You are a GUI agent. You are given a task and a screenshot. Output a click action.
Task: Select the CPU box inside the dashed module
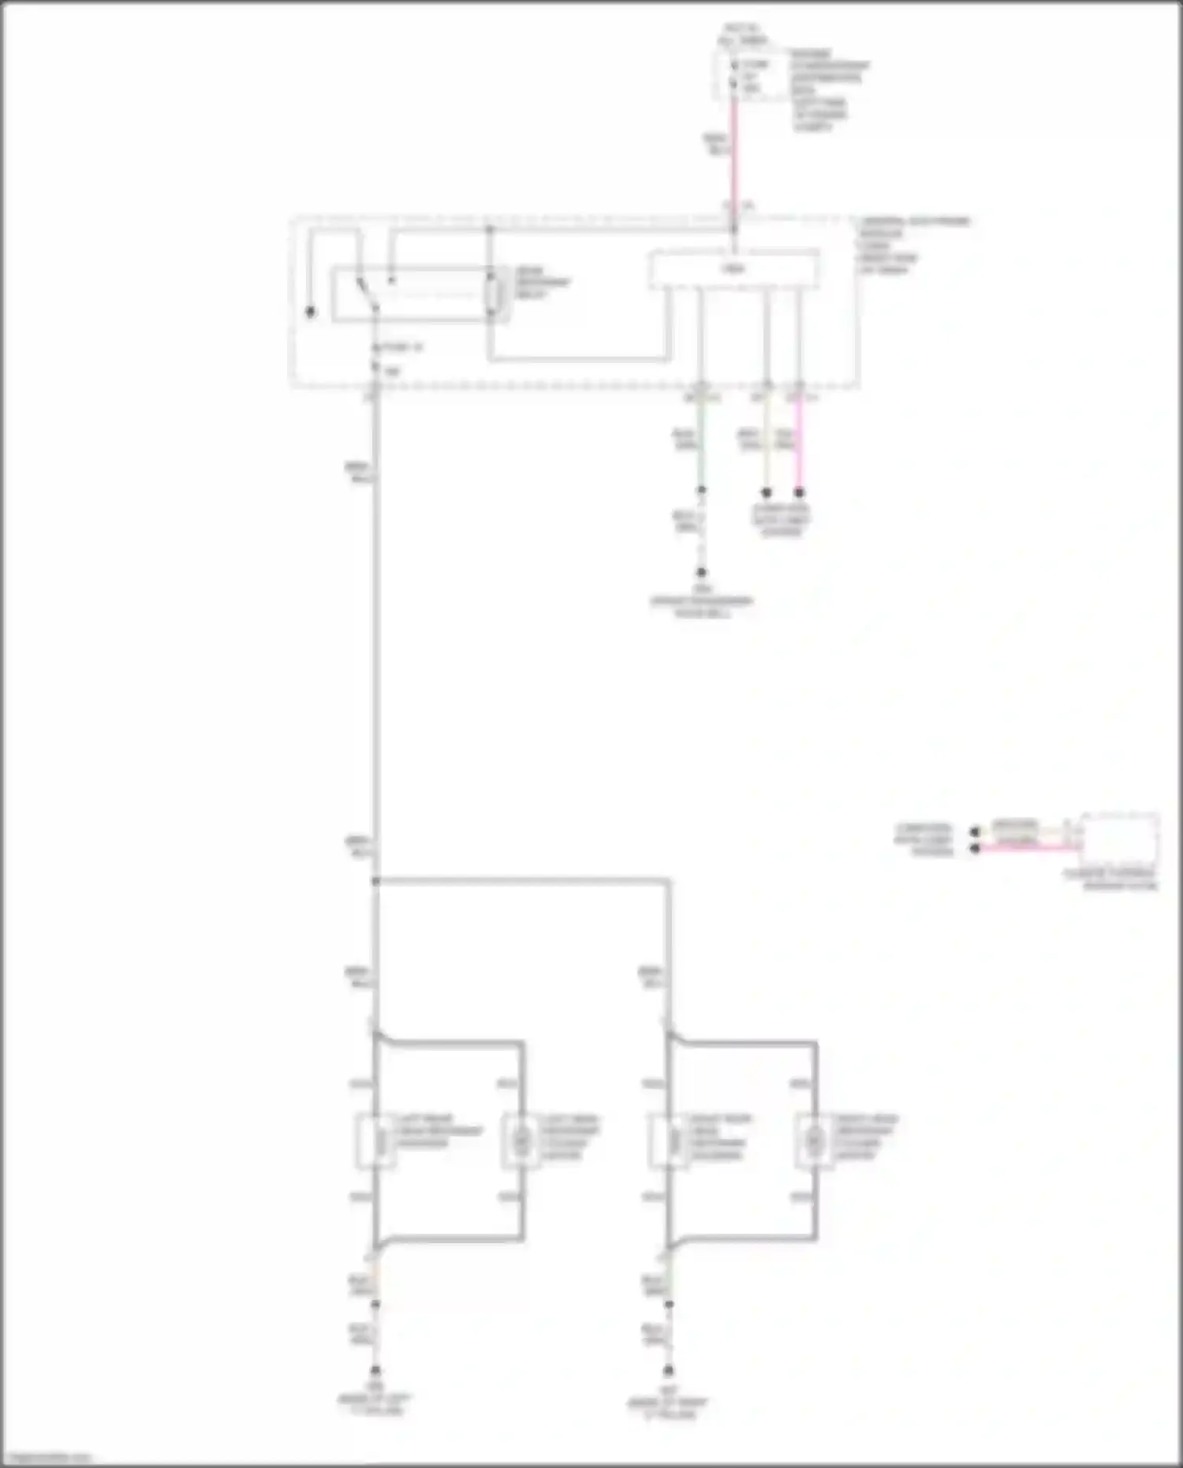733,270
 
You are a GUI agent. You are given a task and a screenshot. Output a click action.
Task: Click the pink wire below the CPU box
799,442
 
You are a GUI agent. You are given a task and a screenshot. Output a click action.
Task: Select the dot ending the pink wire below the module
799,493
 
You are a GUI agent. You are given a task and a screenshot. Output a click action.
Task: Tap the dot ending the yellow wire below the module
766,493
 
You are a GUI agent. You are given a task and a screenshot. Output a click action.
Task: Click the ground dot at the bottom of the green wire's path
700,573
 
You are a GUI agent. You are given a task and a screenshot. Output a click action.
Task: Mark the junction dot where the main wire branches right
375,880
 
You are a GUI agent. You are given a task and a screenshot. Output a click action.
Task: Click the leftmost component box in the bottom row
375,1141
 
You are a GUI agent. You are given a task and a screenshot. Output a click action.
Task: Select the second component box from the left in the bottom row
521,1141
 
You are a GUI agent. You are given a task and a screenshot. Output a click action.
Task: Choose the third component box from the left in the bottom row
669,1141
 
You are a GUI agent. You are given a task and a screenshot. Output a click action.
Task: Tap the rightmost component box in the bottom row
815,1141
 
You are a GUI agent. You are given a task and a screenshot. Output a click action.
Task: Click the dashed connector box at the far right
1119,840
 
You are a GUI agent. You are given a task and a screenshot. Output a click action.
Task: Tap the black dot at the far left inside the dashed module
310,312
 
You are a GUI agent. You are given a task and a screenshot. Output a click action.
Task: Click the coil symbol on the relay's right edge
494,295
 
